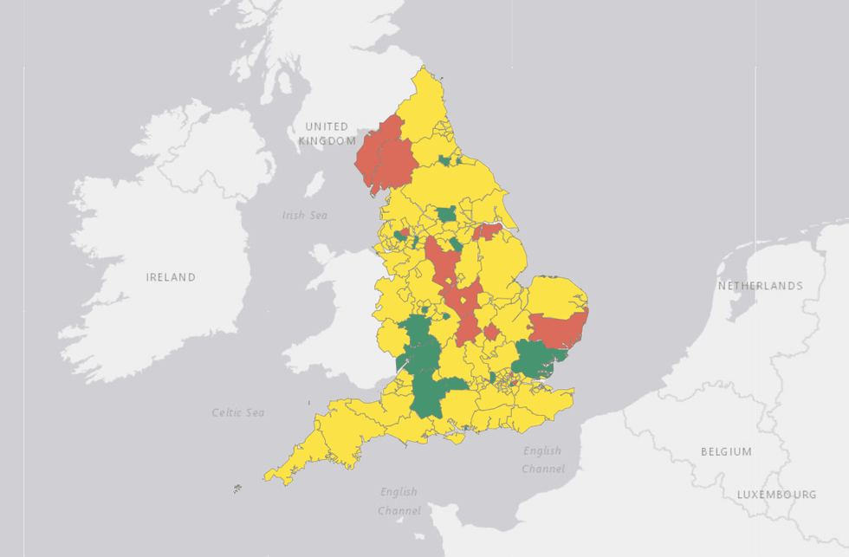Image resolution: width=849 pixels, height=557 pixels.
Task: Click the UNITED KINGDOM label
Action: coord(327,133)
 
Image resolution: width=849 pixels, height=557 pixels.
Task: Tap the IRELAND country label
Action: coord(171,277)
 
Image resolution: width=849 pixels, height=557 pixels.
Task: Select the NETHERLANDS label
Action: coord(760,286)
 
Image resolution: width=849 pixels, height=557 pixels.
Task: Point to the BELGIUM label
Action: coord(726,451)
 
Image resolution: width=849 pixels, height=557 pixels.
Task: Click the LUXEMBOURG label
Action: coord(776,495)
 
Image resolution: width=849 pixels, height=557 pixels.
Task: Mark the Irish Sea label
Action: coord(305,215)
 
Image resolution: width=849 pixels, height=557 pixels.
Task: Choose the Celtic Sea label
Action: coord(238,412)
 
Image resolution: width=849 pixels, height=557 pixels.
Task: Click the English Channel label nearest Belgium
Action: coord(542,459)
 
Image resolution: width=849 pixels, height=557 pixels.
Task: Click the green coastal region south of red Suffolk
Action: coord(537,358)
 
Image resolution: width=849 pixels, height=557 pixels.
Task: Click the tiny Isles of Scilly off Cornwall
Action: coord(237,489)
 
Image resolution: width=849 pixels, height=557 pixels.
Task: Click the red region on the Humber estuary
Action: coord(488,231)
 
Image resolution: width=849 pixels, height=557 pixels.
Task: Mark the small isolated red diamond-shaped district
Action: coord(491,332)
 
